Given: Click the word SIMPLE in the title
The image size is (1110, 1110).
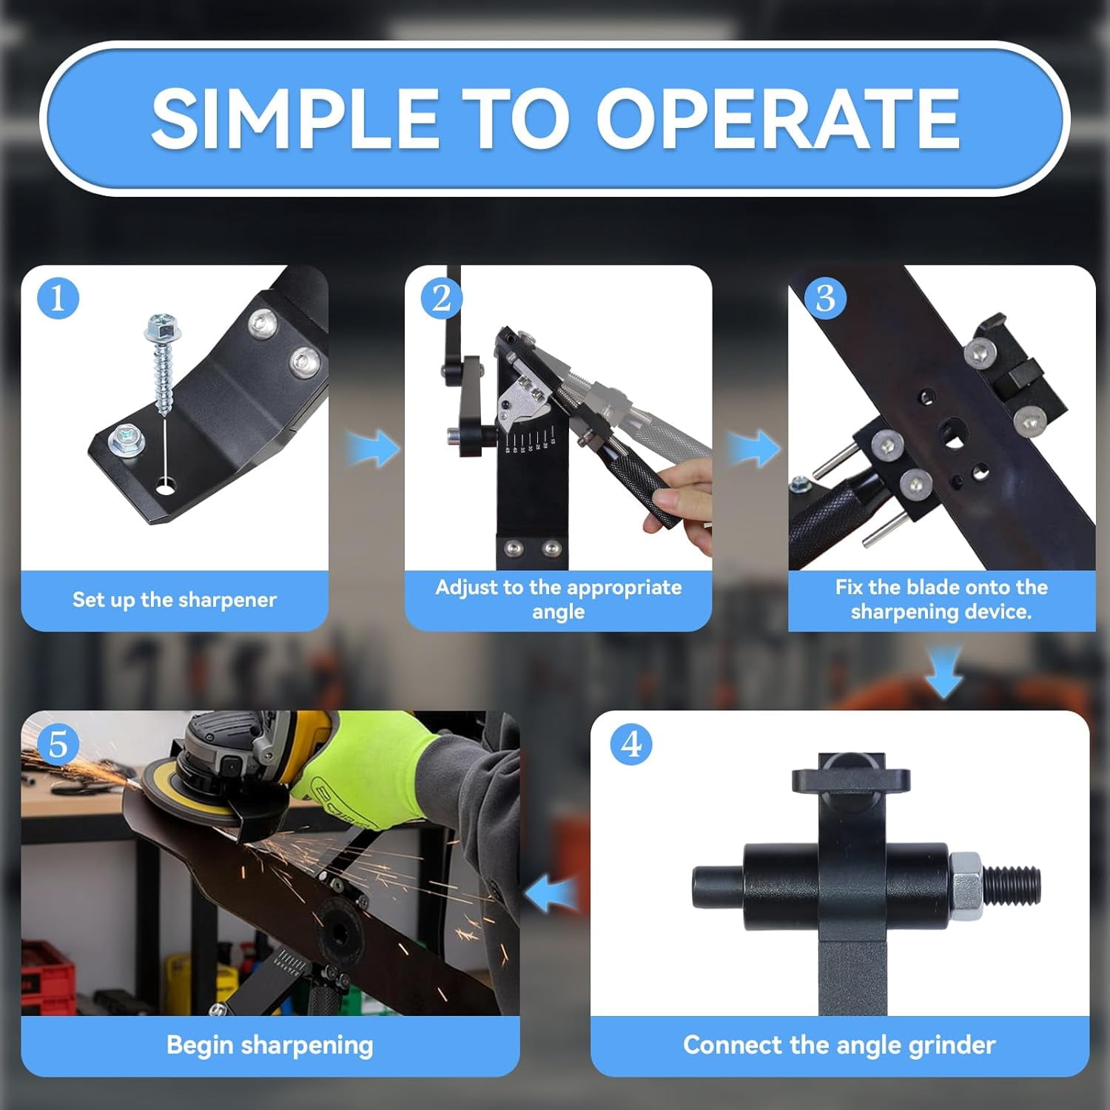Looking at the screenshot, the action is pos(295,118).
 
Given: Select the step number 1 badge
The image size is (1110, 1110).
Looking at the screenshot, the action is pos(58,298).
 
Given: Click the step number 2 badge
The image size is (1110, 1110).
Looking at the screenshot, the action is pos(442,298).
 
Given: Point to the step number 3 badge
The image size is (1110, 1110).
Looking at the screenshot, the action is pos(825,298).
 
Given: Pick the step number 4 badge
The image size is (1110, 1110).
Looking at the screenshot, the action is pos(631,744).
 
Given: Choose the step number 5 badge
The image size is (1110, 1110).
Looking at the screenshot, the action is pos(58,744).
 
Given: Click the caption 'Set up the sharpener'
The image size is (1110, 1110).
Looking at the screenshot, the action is pos(175,599).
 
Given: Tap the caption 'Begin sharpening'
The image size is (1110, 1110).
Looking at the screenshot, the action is pos(270,1045).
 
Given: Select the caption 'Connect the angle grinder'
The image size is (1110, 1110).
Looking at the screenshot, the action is pos(839,1045).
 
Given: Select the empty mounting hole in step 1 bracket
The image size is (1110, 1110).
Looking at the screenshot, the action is pos(167,488).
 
